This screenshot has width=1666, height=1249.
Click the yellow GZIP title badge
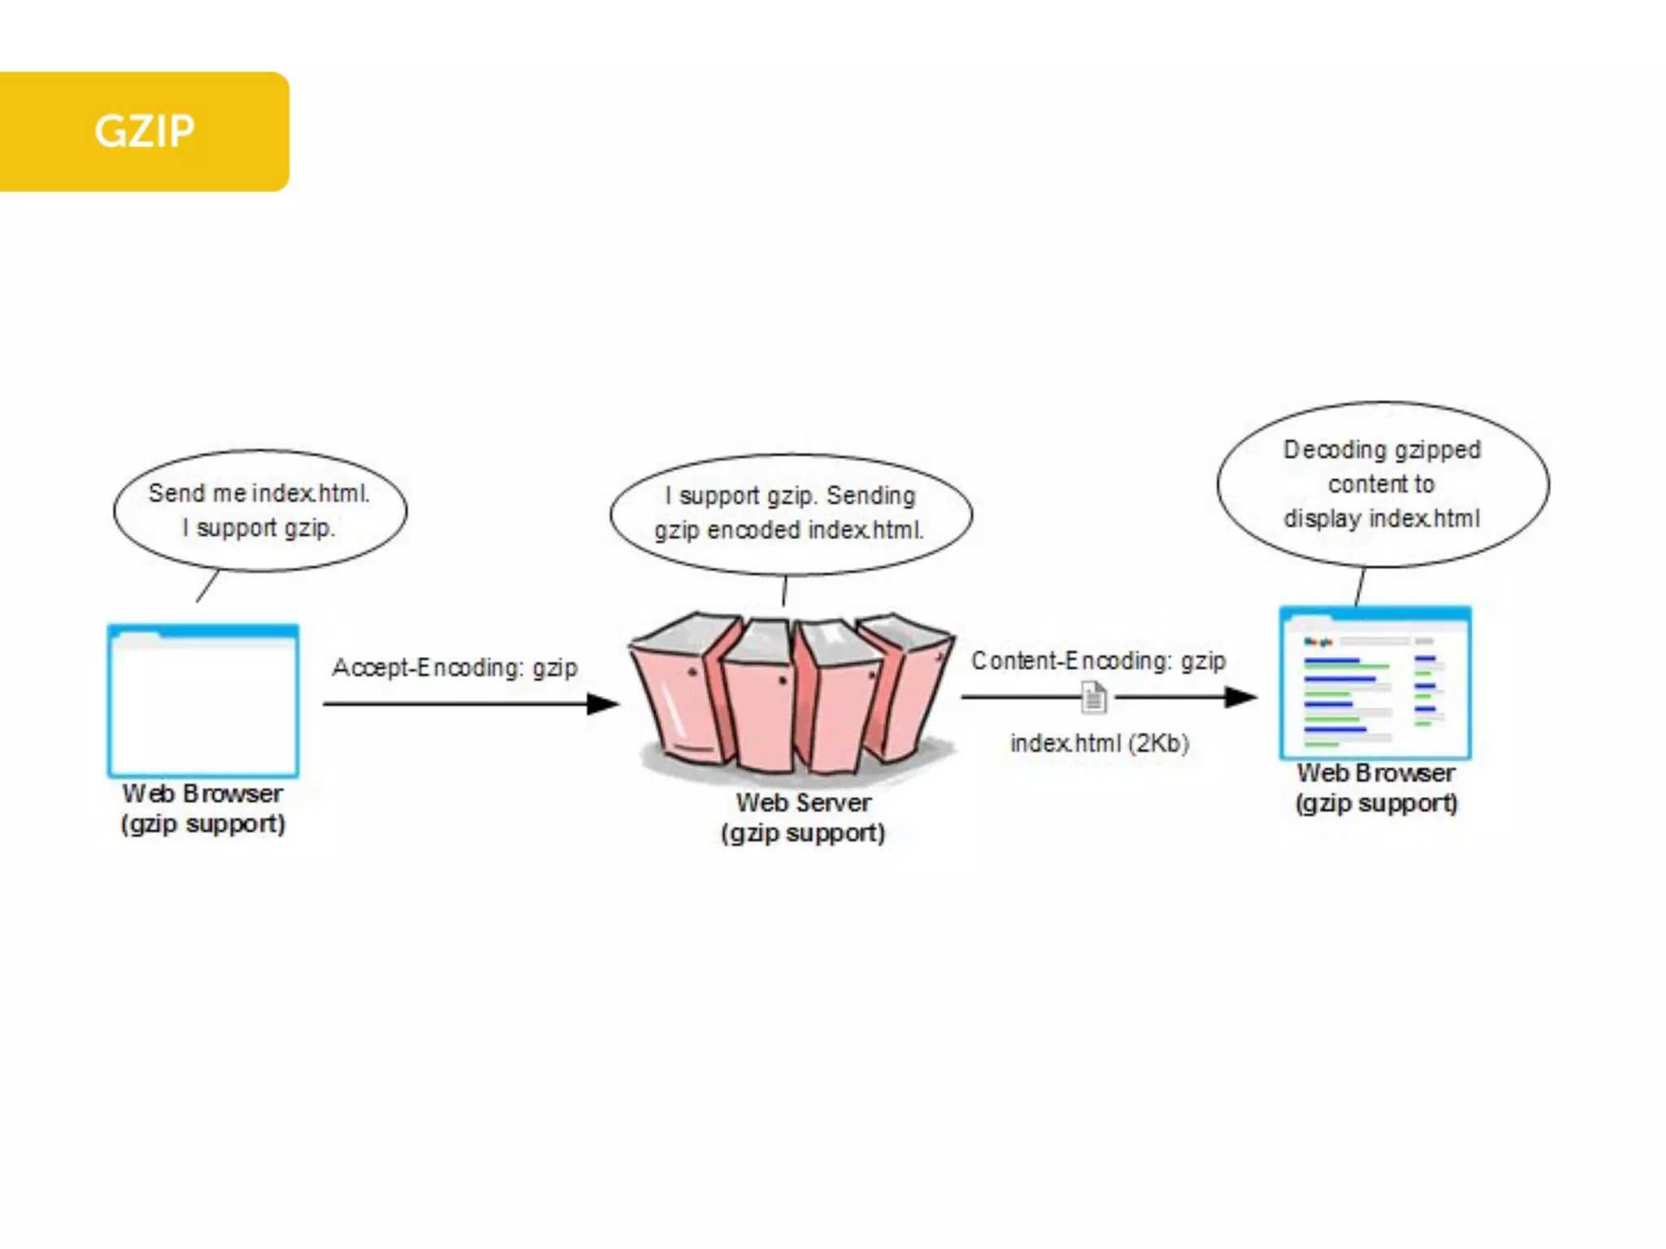(x=144, y=132)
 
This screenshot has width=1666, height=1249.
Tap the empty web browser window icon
(x=203, y=701)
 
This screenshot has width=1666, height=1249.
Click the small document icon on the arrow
(x=1094, y=698)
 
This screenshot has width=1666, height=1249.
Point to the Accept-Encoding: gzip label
(x=455, y=668)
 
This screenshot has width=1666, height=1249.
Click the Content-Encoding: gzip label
(x=1098, y=660)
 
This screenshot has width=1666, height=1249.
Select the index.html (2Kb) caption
(x=1099, y=743)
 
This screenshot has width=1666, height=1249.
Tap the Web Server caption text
(x=804, y=803)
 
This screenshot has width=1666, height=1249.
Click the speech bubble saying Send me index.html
(x=259, y=511)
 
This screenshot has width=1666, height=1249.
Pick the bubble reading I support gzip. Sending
(x=791, y=513)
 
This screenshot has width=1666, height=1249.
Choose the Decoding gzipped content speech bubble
(x=1383, y=484)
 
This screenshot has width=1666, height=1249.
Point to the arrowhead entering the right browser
(x=1241, y=697)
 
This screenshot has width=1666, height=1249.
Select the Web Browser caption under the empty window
(x=203, y=794)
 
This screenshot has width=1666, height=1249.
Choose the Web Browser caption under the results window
(x=1376, y=772)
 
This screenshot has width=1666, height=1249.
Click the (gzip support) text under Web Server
(x=803, y=833)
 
